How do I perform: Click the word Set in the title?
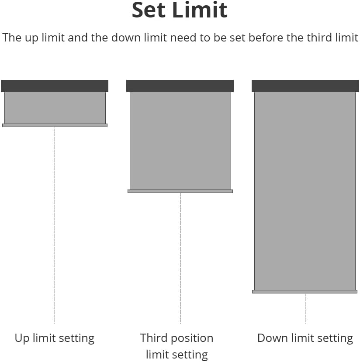point(149,10)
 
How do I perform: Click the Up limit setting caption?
point(55,338)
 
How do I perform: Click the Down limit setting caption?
point(305,338)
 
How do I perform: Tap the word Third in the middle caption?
point(154,338)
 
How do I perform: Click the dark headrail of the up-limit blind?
point(55,86)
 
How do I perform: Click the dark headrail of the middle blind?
point(180,86)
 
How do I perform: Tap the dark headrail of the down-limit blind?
point(305,86)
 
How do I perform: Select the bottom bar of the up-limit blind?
point(55,125)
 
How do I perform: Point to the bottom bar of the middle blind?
point(180,191)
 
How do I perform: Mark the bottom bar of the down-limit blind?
point(305,292)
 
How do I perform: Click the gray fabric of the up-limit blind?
point(55,108)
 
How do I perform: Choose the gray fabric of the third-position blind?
point(180,141)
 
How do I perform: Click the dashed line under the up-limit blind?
point(55,226)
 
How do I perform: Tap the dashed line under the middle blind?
point(180,259)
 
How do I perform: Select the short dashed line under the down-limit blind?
point(305,309)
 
